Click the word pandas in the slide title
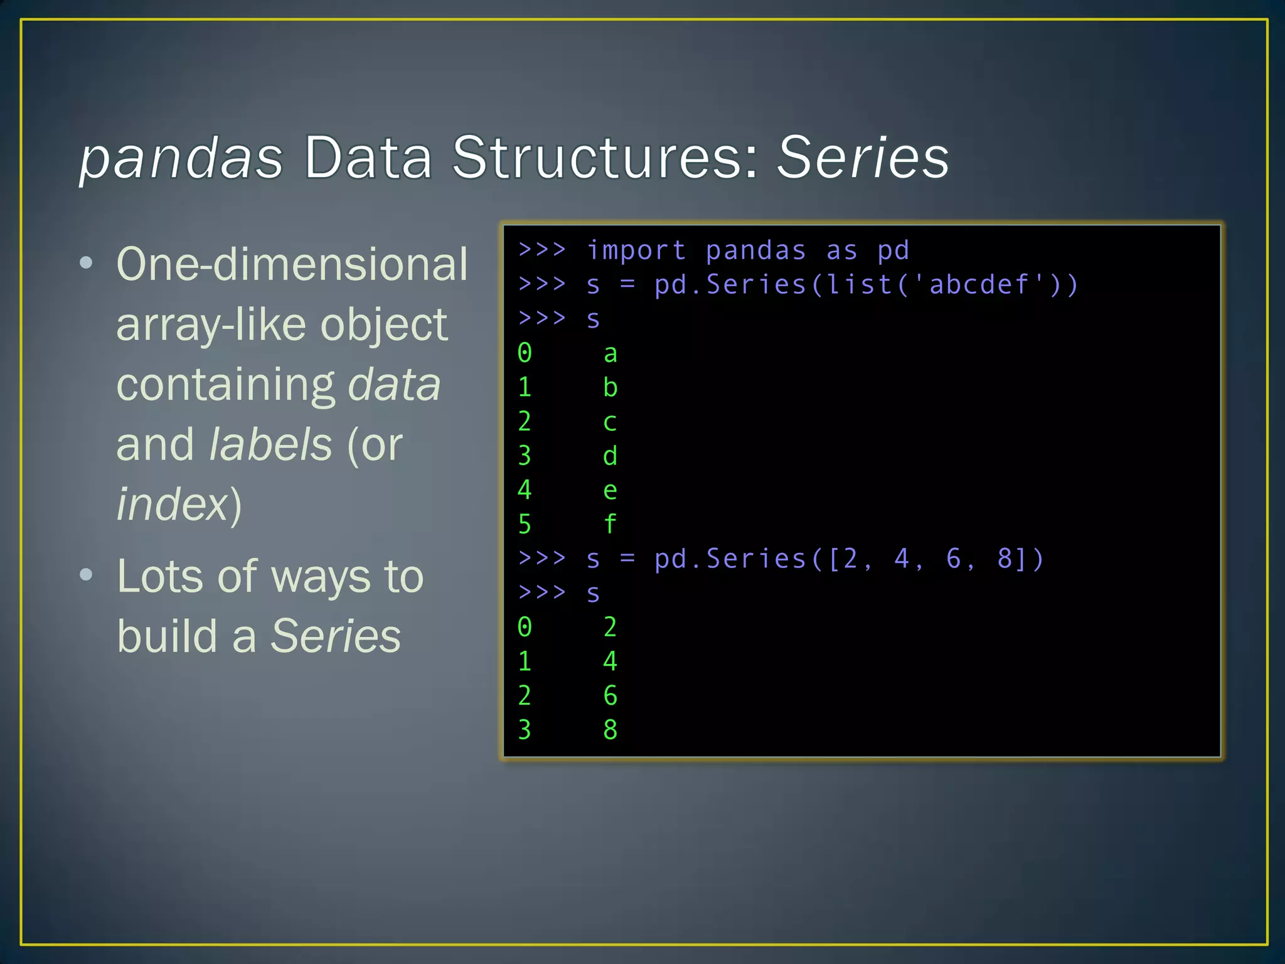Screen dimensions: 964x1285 [182, 158]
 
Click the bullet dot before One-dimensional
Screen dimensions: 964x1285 [87, 263]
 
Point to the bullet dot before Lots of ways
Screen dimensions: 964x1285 [87, 575]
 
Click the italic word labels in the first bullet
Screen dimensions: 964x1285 [270, 444]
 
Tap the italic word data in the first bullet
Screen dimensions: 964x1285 [394, 384]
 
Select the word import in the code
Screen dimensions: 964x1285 [636, 250]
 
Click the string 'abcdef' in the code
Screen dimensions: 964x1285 [979, 284]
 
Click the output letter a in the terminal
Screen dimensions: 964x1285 [610, 354]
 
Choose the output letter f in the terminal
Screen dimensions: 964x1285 [610, 523]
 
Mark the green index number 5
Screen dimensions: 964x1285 [525, 525]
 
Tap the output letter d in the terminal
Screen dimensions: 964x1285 [610, 456]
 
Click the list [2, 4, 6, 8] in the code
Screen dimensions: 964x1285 [935, 559]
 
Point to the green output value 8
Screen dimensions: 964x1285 [610, 729]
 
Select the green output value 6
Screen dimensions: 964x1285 [610, 695]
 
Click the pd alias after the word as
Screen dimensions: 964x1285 [893, 251]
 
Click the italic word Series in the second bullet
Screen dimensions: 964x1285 [336, 636]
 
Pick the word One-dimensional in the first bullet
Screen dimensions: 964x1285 [292, 264]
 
